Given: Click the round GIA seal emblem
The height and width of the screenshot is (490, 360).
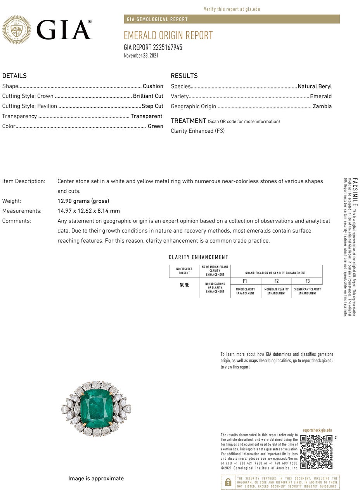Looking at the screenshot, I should pos(16,30).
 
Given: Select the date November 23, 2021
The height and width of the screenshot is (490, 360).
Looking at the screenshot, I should pos(141,56).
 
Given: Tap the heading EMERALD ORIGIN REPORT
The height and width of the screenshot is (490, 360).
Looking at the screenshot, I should pos(168,35).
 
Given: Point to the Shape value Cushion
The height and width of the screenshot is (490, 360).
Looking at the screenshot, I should pos(153,86).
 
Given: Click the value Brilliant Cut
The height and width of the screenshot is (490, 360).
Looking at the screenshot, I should pos(148,96).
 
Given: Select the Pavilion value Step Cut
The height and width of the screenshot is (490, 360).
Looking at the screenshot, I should pos(152,106).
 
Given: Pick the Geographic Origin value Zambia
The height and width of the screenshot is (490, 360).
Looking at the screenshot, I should pos(322,106).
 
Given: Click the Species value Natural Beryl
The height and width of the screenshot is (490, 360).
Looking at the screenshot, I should pos(315,87).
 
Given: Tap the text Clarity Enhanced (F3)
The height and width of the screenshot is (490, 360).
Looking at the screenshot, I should pos(197,131).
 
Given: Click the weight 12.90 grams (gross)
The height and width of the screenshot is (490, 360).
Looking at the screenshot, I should pos(83,201).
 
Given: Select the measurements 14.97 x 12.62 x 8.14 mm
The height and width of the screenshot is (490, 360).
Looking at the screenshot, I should pos(89,211).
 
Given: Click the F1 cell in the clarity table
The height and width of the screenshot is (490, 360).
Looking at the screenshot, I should pos(245,281).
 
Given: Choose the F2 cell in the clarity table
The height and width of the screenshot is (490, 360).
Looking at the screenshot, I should pos(276,281).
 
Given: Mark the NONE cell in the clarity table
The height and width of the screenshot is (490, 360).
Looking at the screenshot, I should pos(184,285).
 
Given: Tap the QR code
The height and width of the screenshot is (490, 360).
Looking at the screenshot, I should pos(316,452).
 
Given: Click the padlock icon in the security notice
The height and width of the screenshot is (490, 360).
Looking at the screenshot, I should pos(228,482).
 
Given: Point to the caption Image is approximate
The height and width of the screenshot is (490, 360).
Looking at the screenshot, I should pos(96,478).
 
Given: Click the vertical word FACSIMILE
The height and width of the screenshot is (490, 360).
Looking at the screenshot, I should pos(355,192).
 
